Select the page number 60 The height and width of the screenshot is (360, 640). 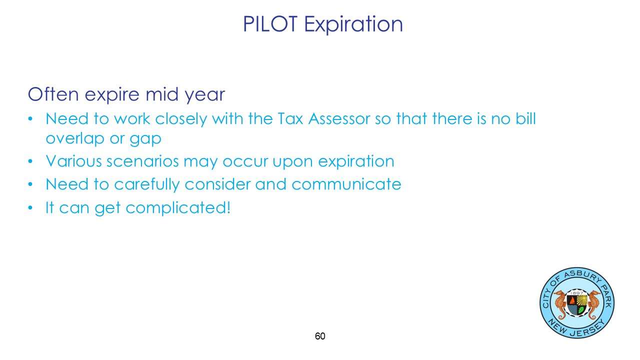[320, 336]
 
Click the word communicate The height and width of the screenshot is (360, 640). [346, 184]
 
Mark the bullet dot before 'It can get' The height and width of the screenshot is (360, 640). [30, 207]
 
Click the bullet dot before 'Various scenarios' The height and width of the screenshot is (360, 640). [30, 161]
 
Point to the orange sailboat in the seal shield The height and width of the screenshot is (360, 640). [572, 300]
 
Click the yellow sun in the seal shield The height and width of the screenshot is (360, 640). [582, 300]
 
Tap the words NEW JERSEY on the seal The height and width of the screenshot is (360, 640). [577, 328]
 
